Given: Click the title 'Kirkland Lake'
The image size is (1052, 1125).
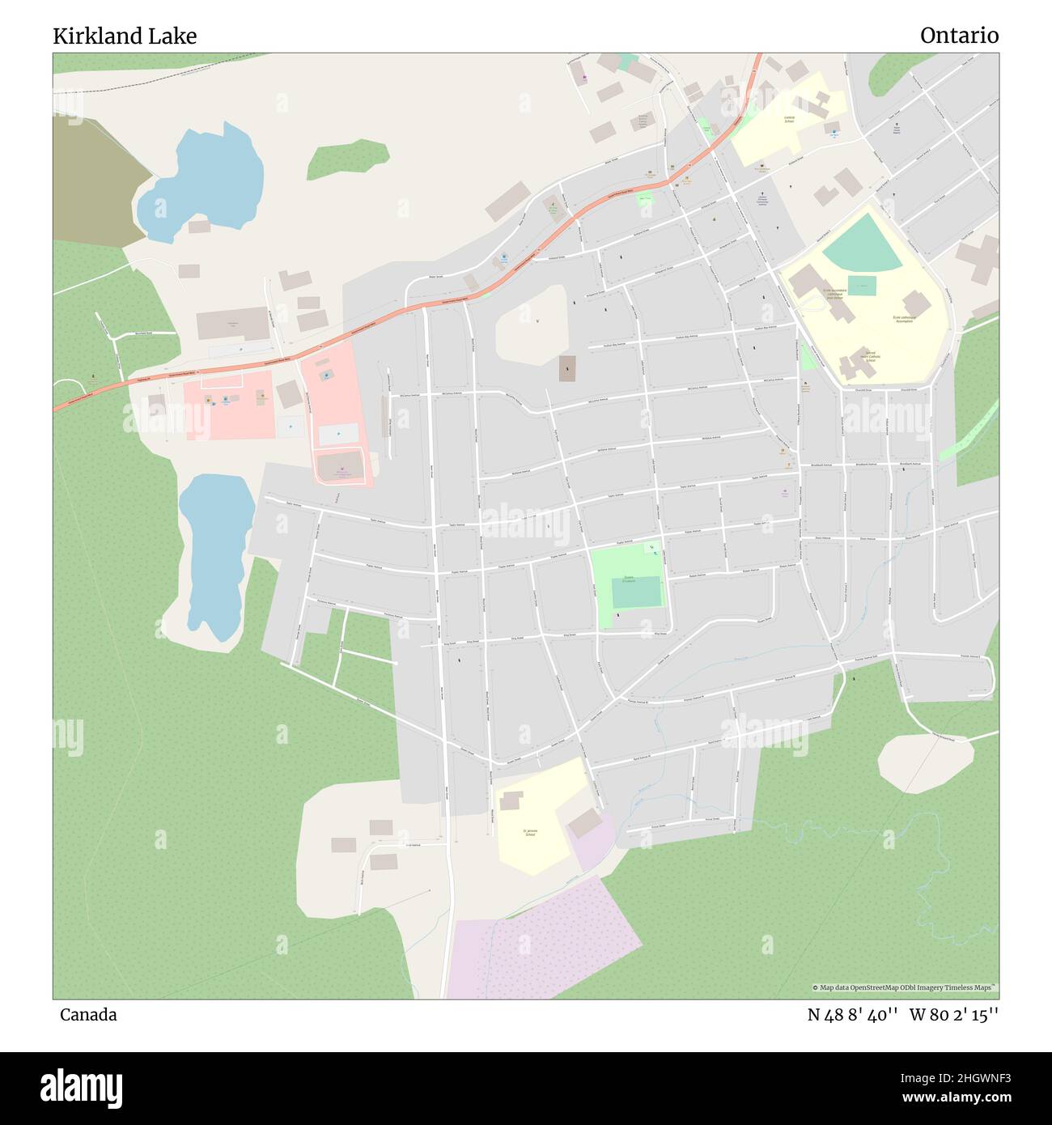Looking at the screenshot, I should (125, 36).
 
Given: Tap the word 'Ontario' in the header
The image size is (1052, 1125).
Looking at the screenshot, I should (959, 36).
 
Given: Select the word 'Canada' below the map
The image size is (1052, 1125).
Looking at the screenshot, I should (88, 1015).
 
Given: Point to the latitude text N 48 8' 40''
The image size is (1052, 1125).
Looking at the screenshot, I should (854, 1015).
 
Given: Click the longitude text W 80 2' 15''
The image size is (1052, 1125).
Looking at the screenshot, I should (954, 1015).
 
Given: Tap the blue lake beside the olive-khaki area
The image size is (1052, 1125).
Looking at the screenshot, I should (206, 182).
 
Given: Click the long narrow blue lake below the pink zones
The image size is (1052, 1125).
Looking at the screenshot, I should (214, 550).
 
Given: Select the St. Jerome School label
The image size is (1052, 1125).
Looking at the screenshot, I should (529, 832).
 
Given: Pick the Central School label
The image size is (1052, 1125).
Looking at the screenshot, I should (789, 119).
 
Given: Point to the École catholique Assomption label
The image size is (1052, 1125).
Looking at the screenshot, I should (904, 320).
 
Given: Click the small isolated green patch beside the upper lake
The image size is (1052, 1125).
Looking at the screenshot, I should (348, 158).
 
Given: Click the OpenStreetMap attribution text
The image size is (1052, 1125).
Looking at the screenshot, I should (905, 987).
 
